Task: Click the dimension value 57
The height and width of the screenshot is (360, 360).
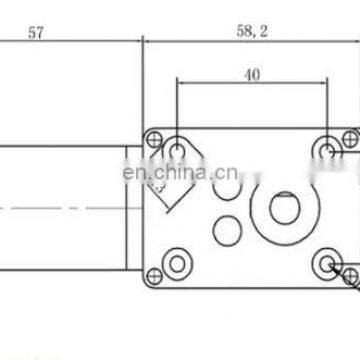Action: click(x=36, y=33)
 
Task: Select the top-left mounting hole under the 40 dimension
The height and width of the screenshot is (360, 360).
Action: click(x=177, y=150)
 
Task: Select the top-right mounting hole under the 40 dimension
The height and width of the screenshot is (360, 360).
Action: click(x=328, y=150)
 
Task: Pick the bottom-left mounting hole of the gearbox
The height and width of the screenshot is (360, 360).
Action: click(x=180, y=263)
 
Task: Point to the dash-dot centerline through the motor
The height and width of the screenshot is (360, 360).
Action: click(x=60, y=208)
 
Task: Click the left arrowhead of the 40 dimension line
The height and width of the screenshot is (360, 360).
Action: click(x=180, y=83)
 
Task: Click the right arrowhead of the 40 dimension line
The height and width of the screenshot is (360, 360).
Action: click(x=324, y=83)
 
